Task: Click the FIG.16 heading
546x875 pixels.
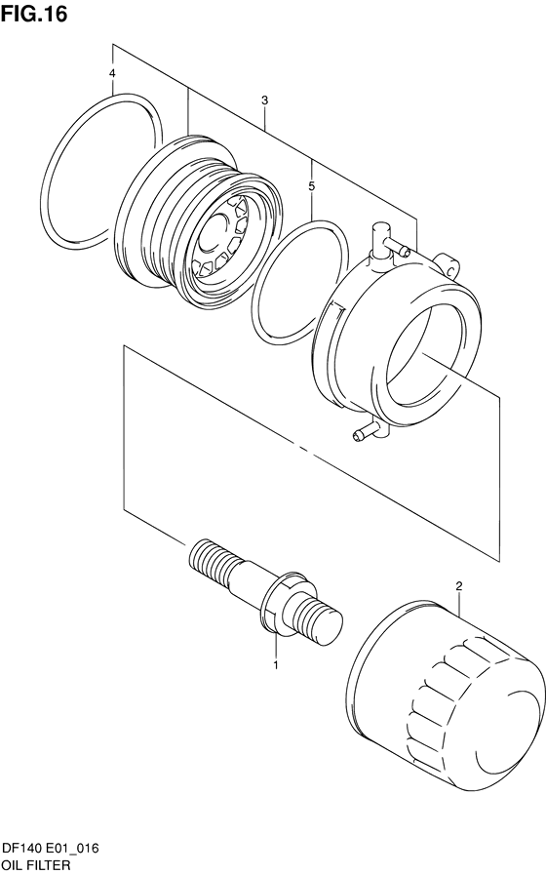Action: pos(34,14)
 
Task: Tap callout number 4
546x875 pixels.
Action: pos(112,73)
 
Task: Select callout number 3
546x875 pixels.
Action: pos(265,100)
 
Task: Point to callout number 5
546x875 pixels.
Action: pos(312,185)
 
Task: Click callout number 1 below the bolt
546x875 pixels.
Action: pos(276,664)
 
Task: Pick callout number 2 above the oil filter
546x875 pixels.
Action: pos(459,586)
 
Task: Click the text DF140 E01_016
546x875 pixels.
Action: pos(51,849)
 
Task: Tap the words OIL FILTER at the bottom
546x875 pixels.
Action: pos(37,865)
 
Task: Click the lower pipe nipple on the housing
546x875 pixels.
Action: pos(370,431)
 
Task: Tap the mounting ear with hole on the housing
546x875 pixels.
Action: pos(448,263)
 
